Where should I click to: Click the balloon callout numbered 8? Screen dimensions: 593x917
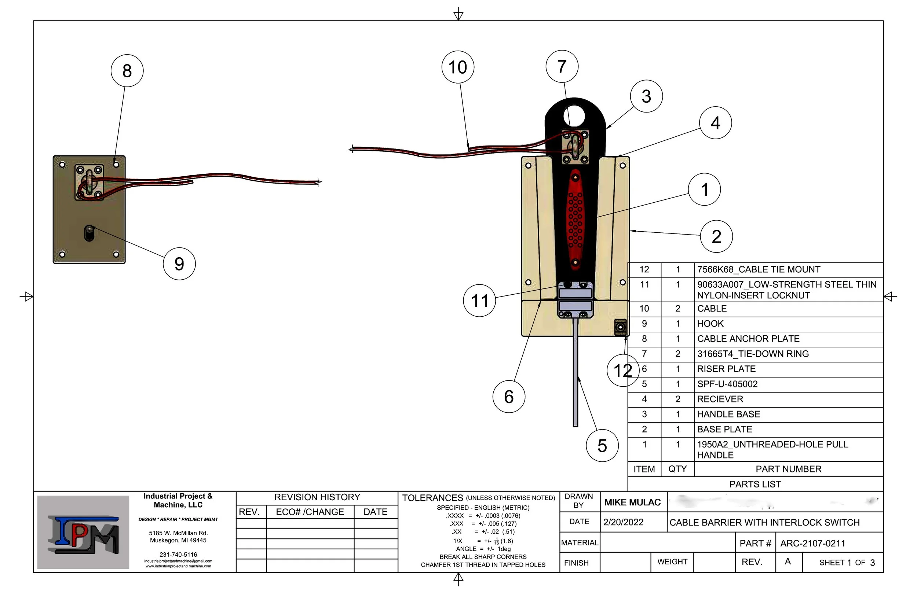[x=127, y=71]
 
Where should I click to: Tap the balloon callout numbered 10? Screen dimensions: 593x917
[x=458, y=67]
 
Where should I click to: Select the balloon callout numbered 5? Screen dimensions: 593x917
[x=602, y=446]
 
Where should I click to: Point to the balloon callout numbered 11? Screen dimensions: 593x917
[x=479, y=301]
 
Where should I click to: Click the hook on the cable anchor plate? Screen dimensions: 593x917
[x=89, y=233]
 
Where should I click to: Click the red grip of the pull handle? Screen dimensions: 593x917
[x=575, y=220]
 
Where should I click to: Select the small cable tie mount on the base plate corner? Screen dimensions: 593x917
[x=620, y=327]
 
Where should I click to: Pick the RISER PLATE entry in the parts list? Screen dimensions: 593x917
[x=726, y=369]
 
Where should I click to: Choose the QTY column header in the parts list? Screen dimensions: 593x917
[x=677, y=469]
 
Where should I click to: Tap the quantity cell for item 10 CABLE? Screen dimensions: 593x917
[x=678, y=309]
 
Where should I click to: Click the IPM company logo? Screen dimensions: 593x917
[x=83, y=533]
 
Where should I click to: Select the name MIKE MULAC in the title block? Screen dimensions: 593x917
[x=632, y=502]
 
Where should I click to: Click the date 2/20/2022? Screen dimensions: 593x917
[x=623, y=522]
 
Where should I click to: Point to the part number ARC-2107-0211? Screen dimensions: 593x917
[x=812, y=543]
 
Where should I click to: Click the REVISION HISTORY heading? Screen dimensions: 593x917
[x=317, y=497]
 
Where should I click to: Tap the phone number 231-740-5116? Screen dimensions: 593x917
[x=178, y=555]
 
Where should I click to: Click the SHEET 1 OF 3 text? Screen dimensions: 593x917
[x=847, y=563]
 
